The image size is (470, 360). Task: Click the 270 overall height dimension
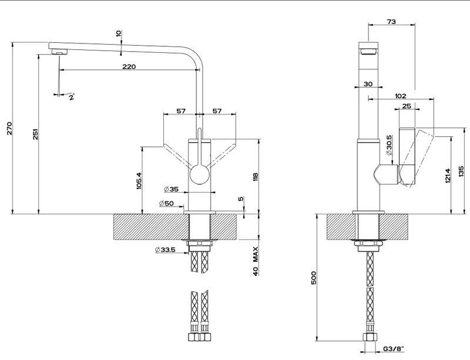coord(9,128)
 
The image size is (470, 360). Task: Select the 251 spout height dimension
coord(36,134)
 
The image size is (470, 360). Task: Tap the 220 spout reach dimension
coord(129,66)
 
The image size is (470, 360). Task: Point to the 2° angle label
coord(72,97)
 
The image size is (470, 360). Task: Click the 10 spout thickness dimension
coord(119,33)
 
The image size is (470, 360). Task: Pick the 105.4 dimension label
coord(139,180)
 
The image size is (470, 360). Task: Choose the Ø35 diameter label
coord(171,189)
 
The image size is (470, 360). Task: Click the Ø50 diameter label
coord(166,203)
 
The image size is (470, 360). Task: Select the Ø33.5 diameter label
coord(165,250)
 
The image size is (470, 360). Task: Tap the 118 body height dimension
coord(256,177)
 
